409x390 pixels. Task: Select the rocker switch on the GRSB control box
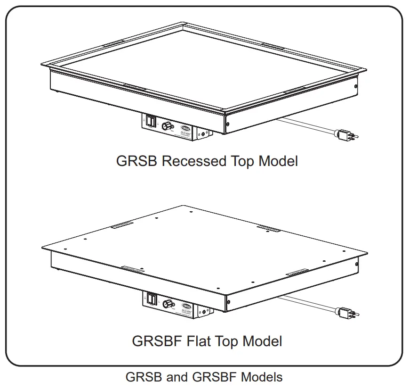[150, 122]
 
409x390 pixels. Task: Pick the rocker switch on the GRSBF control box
[151, 299]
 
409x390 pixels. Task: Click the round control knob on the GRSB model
[166, 126]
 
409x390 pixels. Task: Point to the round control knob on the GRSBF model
[167, 304]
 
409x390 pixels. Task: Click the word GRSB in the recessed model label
[136, 161]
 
